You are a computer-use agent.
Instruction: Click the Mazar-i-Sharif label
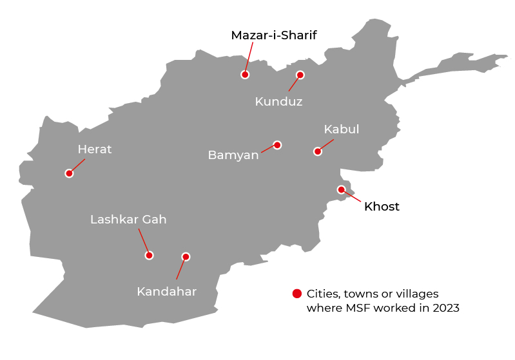[x=274, y=35]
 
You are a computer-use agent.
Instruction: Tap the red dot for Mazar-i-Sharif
[x=245, y=75]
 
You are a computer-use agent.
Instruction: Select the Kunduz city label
[x=278, y=102]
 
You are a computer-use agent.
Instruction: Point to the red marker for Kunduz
[x=300, y=75]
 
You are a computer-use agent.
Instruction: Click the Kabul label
[x=341, y=129]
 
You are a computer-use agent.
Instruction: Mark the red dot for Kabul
[x=317, y=152]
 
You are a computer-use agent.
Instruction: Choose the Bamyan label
[x=233, y=155]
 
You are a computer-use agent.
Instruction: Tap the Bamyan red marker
[x=277, y=145]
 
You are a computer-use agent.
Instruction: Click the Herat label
[x=95, y=149]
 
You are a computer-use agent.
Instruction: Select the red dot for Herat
[x=69, y=173]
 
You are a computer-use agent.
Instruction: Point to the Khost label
[x=382, y=207]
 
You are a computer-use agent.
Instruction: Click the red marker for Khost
[x=341, y=189]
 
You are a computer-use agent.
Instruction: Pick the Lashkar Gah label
[x=128, y=220]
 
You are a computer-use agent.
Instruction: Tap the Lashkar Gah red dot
[x=149, y=255]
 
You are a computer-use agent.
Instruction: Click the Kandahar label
[x=166, y=292]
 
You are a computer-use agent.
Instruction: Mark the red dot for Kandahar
[x=186, y=256]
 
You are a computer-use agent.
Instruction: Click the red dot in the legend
[x=296, y=294]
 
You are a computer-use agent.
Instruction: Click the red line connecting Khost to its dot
[x=353, y=197]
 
